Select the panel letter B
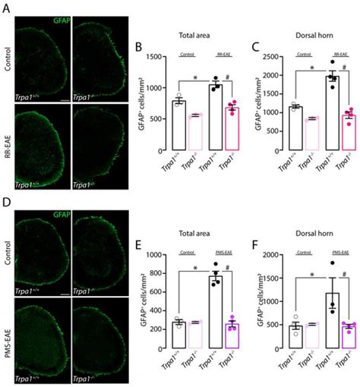coord(137,48)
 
